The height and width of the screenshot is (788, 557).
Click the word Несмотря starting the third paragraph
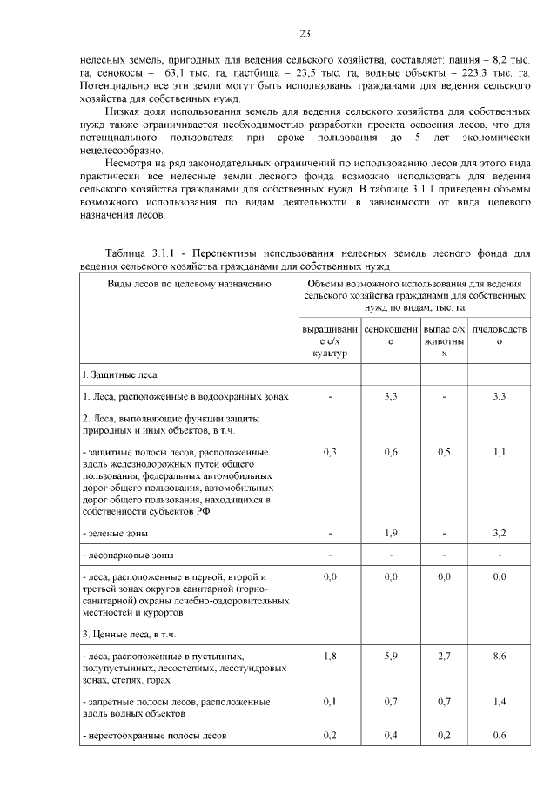(131, 163)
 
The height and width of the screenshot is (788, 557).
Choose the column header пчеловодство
(499, 336)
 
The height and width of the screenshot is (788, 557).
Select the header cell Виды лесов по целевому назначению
(186, 283)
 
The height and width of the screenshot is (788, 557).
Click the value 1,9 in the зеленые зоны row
(391, 533)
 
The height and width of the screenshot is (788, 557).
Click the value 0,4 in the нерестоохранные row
(391, 736)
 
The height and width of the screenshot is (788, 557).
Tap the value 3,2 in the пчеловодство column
(499, 533)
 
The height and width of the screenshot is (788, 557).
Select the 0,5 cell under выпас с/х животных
(444, 452)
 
